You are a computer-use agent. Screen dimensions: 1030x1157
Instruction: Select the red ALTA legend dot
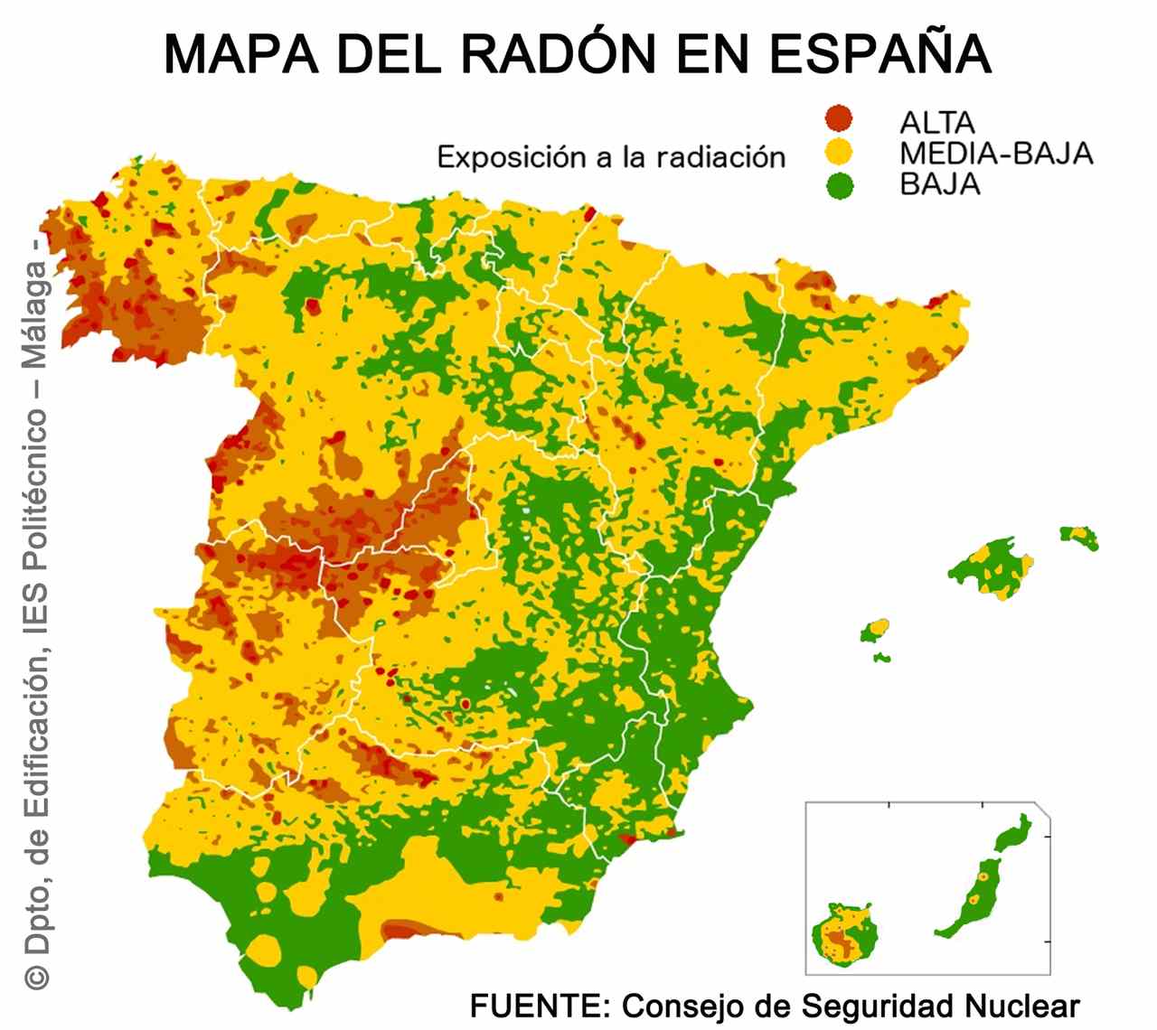[840, 117]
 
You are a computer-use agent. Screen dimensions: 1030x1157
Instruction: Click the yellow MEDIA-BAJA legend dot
[840, 151]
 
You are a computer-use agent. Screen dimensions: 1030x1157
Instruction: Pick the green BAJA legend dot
[840, 185]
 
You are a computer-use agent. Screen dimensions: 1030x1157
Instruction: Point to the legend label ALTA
[937, 122]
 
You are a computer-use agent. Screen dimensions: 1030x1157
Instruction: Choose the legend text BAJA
[940, 184]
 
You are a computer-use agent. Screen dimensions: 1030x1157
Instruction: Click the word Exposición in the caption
[512, 157]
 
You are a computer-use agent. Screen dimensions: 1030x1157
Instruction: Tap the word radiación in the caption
[721, 157]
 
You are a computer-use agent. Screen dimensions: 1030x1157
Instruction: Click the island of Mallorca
[991, 566]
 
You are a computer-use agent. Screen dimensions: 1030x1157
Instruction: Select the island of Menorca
[1081, 537]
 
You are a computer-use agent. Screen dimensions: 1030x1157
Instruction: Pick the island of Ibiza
[875, 629]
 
